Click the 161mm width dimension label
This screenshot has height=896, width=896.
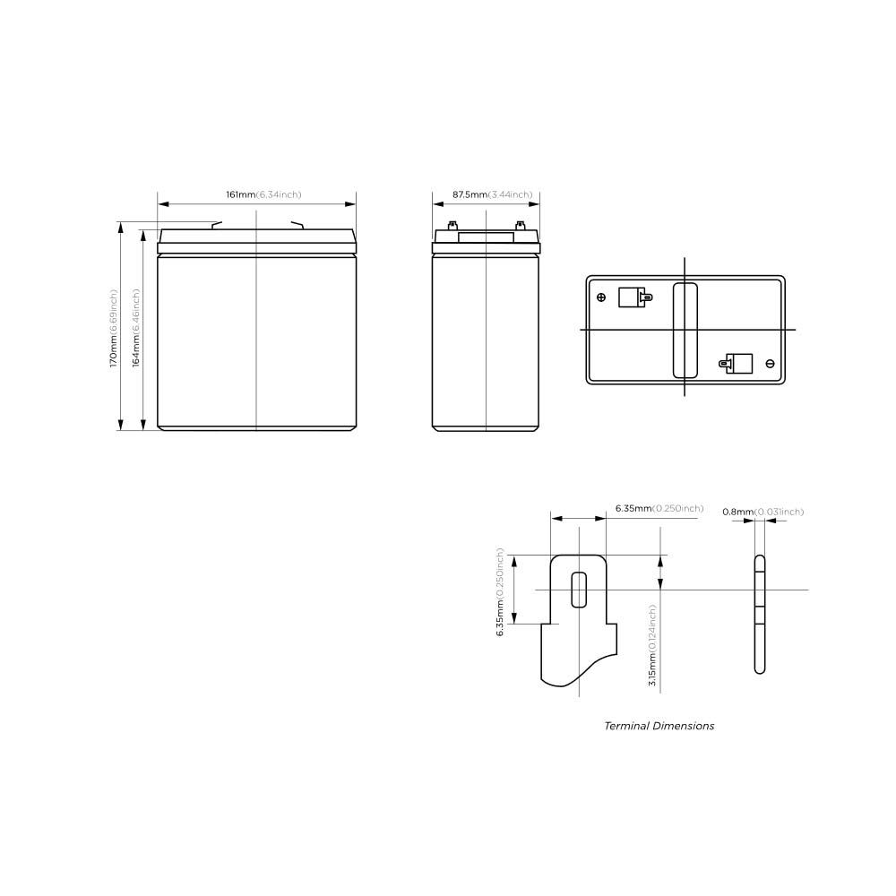pyautogui.click(x=263, y=194)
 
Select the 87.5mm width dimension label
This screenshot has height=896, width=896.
pyautogui.click(x=492, y=194)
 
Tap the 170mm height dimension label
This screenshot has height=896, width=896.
pyautogui.click(x=114, y=328)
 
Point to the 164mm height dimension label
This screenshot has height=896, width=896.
pyautogui.click(x=136, y=328)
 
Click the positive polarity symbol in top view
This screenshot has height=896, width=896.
pyautogui.click(x=601, y=297)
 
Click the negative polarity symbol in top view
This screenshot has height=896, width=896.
pyautogui.click(x=770, y=363)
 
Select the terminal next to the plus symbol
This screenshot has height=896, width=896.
pyautogui.click(x=632, y=297)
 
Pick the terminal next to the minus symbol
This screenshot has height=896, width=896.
pyautogui.click(x=738, y=363)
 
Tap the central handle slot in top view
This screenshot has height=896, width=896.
pyautogui.click(x=685, y=330)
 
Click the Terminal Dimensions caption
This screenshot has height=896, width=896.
pyautogui.click(x=659, y=726)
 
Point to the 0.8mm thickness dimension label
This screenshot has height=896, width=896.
pyautogui.click(x=762, y=512)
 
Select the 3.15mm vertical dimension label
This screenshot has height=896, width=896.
pyautogui.click(x=653, y=645)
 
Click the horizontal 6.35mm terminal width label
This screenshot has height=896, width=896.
pyautogui.click(x=659, y=509)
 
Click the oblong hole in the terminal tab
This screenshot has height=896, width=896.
pyautogui.click(x=579, y=589)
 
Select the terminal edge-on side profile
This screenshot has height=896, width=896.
pyautogui.click(x=760, y=614)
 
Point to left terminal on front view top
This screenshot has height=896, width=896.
pyautogui.click(x=216, y=225)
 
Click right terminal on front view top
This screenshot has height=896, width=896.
pyautogui.click(x=297, y=225)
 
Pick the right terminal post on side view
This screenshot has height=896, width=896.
pyautogui.click(x=520, y=227)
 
